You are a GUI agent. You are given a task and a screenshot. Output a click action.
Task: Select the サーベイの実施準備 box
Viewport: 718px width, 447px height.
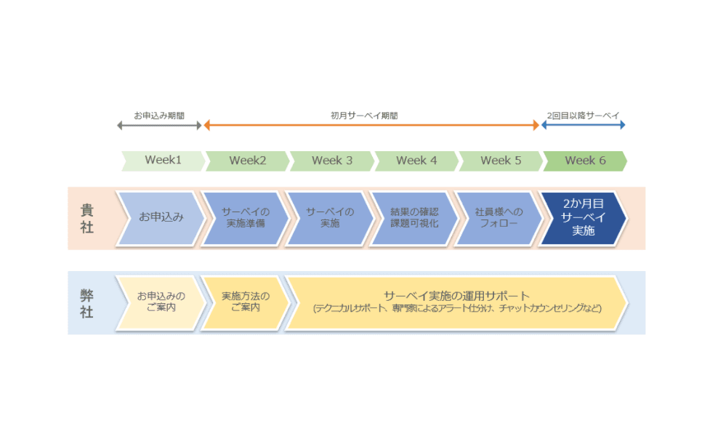(245, 217)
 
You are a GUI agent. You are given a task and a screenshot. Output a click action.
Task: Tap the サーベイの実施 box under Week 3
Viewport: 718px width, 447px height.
(329, 217)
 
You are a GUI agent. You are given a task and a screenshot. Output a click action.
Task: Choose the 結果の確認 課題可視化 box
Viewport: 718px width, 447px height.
(414, 217)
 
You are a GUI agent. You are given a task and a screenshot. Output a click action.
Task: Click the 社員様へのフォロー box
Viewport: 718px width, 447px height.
(498, 217)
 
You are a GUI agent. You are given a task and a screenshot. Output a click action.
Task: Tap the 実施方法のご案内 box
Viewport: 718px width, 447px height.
(245, 302)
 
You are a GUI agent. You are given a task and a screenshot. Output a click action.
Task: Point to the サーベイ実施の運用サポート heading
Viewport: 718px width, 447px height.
(457, 296)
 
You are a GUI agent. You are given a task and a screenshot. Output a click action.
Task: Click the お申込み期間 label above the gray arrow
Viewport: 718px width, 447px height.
(159, 116)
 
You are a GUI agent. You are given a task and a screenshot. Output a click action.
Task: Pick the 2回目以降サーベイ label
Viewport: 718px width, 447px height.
(583, 116)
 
